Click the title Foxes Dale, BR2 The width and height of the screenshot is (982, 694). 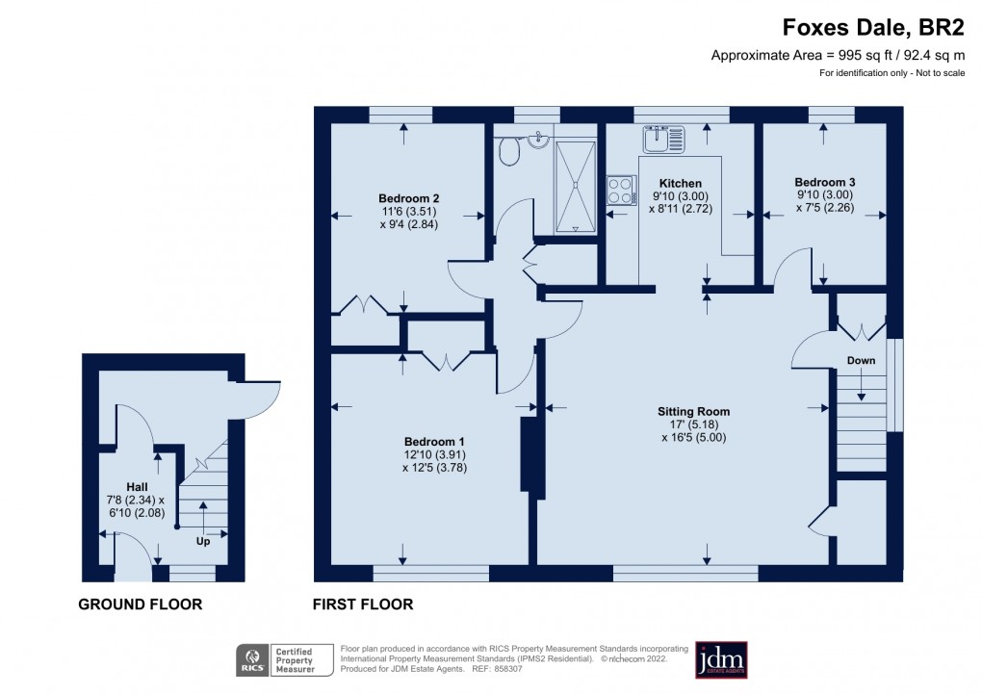click(x=873, y=28)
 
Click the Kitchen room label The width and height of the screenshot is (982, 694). click(x=680, y=183)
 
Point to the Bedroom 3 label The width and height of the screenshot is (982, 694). click(x=825, y=182)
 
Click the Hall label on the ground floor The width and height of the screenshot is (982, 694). click(x=136, y=487)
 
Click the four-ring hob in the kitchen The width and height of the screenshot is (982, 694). click(x=621, y=190)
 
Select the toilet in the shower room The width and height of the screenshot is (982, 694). click(x=509, y=151)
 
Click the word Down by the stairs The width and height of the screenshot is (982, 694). click(x=861, y=361)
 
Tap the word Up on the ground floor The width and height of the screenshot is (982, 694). click(x=204, y=541)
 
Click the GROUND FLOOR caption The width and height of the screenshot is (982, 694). click(x=141, y=604)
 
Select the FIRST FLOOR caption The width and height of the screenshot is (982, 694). click(x=363, y=604)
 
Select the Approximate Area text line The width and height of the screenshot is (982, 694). click(x=838, y=55)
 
